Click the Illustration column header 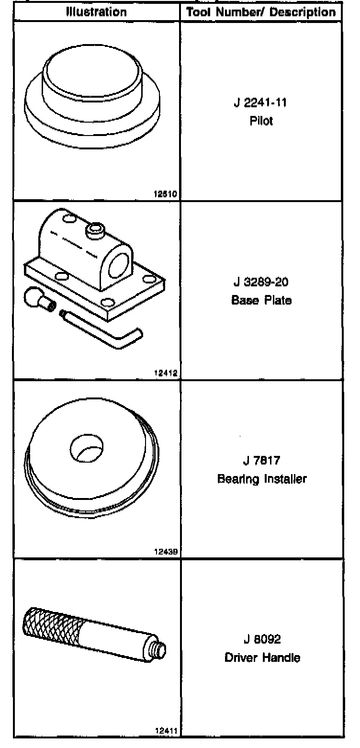coord(96,11)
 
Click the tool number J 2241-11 coord(261,102)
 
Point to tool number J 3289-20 coord(261,282)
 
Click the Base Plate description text coord(261,300)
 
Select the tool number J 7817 coord(261,461)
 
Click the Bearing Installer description coord(261,478)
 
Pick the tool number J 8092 coord(261,639)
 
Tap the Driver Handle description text coord(262,657)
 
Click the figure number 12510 coord(166,194)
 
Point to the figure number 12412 coord(166,375)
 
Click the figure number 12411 coord(166,731)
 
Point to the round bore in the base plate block coord(119,264)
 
